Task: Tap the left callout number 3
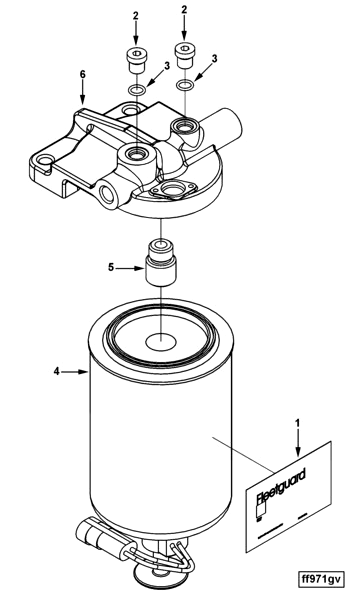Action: coord(165,66)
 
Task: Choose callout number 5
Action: coord(112,268)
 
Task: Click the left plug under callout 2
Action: coord(135,59)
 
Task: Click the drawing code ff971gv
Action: coord(320,578)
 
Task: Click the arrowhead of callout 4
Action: coord(87,372)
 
